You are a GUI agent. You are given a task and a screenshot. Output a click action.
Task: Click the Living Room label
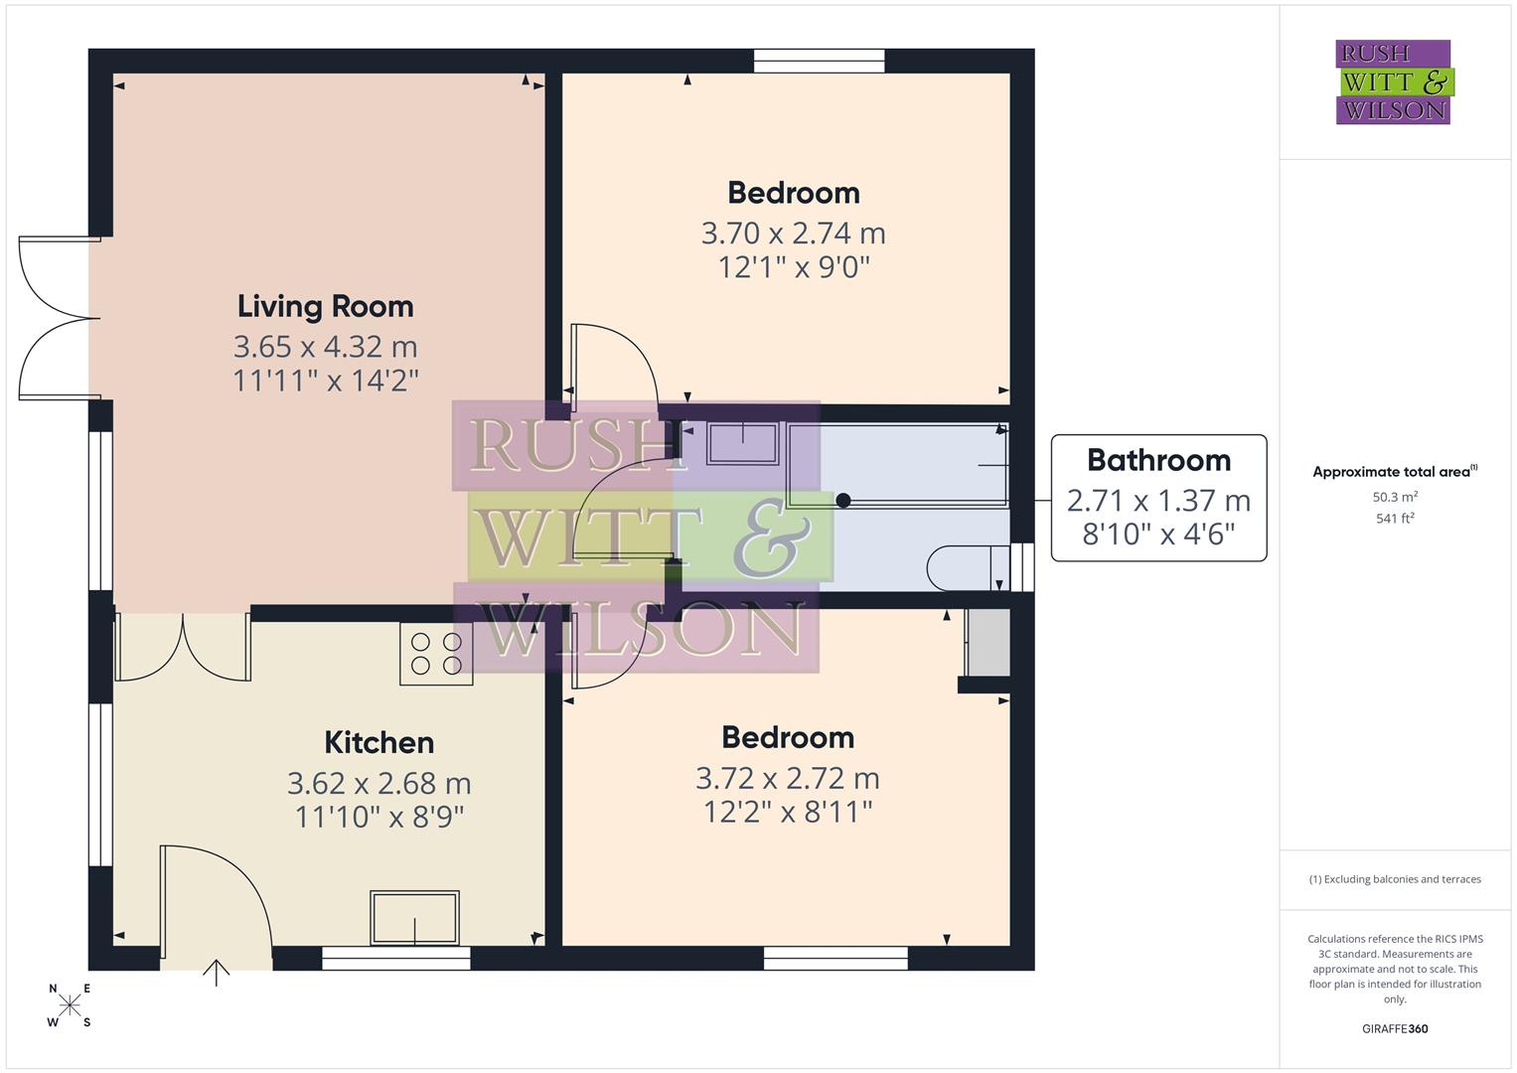click(325, 307)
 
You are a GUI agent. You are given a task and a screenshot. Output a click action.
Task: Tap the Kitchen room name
click(379, 743)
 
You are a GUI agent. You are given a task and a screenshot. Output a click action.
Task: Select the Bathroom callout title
click(1158, 460)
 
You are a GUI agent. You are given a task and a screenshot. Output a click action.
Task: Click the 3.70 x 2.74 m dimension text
click(793, 233)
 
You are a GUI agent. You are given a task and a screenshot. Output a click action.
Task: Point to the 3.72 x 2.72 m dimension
click(787, 778)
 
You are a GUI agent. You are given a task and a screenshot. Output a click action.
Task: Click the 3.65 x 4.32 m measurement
click(325, 347)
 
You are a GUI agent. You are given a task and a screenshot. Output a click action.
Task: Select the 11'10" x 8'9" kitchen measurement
click(379, 818)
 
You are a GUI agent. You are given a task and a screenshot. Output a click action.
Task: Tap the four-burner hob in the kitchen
click(436, 654)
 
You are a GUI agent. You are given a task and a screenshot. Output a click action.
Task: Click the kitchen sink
click(414, 917)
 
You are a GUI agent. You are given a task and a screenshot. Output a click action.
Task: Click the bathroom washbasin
click(742, 443)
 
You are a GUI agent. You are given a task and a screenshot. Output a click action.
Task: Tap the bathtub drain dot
click(842, 500)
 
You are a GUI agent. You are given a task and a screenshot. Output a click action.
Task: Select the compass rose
click(70, 1005)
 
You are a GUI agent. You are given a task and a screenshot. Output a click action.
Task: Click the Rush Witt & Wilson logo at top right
click(1393, 82)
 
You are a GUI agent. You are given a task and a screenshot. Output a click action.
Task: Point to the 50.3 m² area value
click(1395, 497)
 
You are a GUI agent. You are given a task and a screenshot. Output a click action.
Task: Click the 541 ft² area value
click(1395, 518)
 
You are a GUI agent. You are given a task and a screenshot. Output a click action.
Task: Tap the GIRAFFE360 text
click(1395, 1028)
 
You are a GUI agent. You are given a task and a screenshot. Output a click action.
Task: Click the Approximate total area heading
click(1394, 472)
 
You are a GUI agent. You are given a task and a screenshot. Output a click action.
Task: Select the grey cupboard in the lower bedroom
click(987, 643)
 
